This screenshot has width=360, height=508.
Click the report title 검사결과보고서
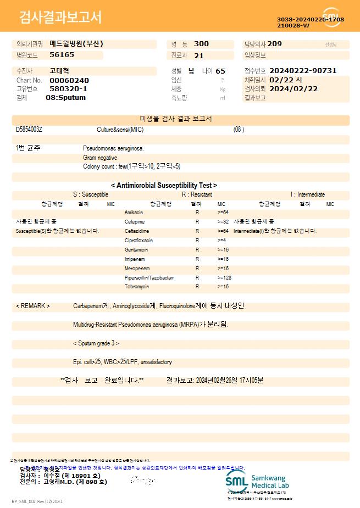click(60, 18)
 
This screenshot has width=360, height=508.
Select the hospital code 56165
click(62, 55)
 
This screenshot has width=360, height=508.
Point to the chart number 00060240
click(69, 80)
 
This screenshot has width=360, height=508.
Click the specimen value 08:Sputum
click(65, 98)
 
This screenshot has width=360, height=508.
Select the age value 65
click(220, 71)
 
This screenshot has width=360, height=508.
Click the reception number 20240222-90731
click(303, 71)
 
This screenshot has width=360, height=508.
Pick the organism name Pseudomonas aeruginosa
click(114, 148)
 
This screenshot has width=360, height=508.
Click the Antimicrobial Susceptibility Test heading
click(164, 186)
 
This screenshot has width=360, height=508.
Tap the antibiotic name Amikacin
click(134, 212)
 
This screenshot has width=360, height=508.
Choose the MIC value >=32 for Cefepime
click(223, 221)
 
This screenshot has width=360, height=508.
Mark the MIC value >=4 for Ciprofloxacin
click(221, 241)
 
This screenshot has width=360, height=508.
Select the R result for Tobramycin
click(197, 287)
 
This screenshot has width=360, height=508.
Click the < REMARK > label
click(33, 306)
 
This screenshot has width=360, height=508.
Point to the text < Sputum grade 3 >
click(96, 343)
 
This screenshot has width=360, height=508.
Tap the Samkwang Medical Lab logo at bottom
click(257, 482)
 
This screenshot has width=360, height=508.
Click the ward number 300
click(201, 44)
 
